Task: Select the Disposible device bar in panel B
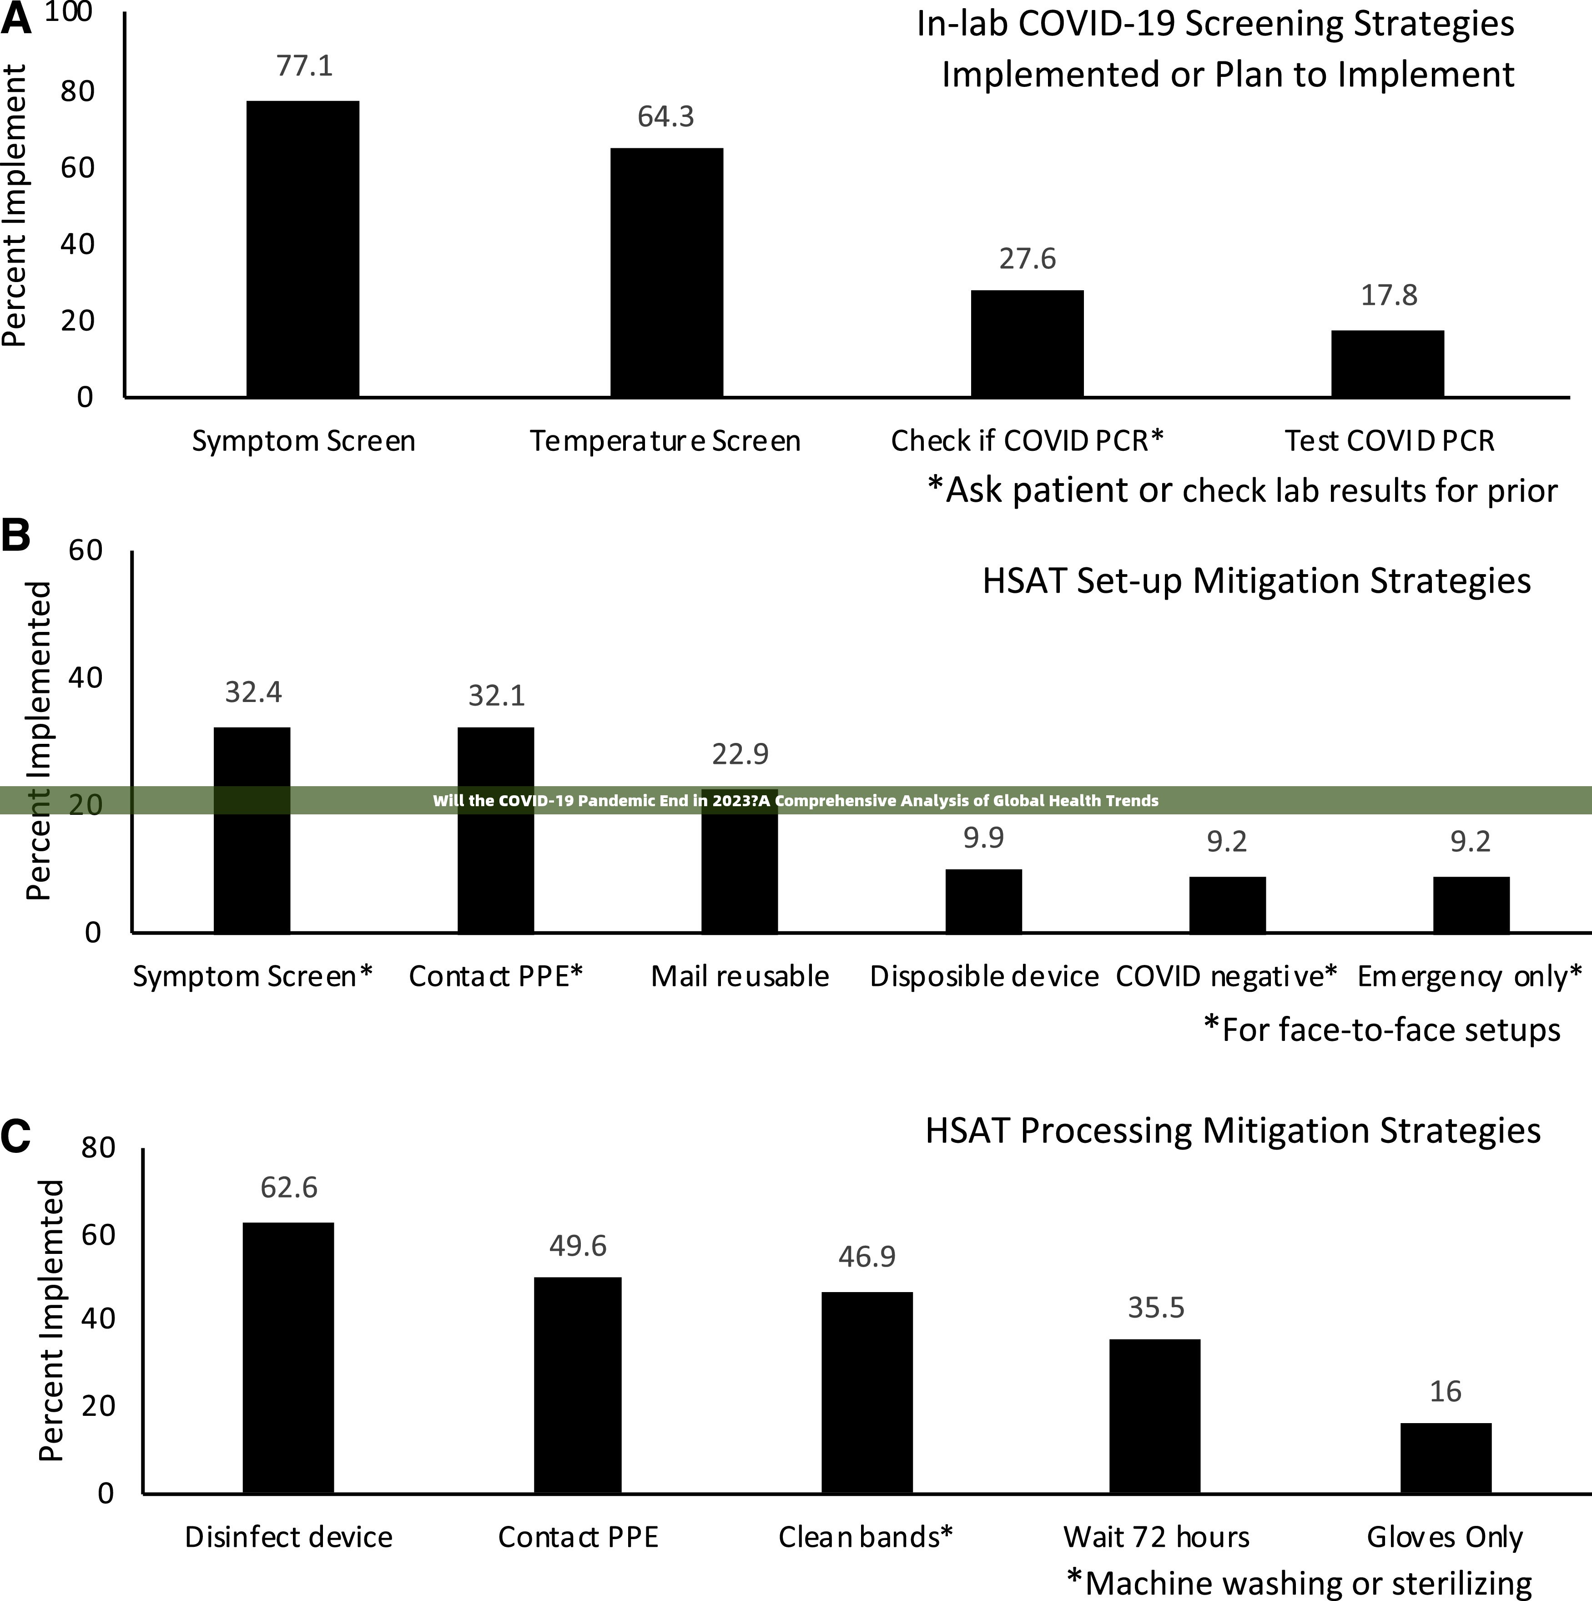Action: (x=983, y=901)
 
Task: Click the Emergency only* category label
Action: (x=1469, y=976)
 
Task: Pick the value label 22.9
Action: (x=740, y=754)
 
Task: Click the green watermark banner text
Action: (x=795, y=801)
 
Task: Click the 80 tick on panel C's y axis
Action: (x=98, y=1148)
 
